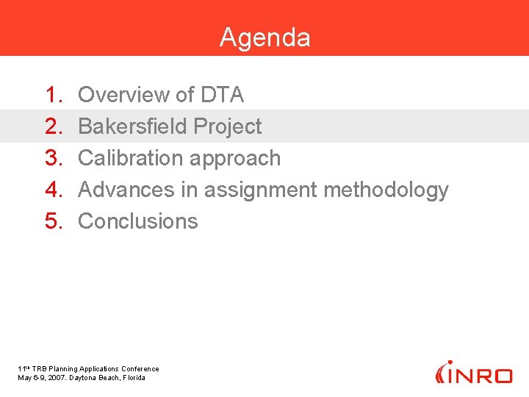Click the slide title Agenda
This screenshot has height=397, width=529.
click(x=264, y=37)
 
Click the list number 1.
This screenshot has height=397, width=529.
click(x=54, y=95)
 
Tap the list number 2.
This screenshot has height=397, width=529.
click(x=54, y=126)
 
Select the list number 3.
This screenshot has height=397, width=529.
click(x=54, y=158)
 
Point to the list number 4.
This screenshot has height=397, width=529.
click(x=54, y=190)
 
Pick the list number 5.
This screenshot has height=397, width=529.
click(x=54, y=221)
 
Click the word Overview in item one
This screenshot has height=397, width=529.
click(x=123, y=95)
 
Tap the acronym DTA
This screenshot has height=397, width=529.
click(x=221, y=95)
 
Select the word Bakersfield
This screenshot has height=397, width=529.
click(x=133, y=126)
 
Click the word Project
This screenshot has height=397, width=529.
click(x=228, y=126)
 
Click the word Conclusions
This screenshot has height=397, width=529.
click(x=138, y=221)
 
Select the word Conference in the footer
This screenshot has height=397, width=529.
click(x=140, y=369)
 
